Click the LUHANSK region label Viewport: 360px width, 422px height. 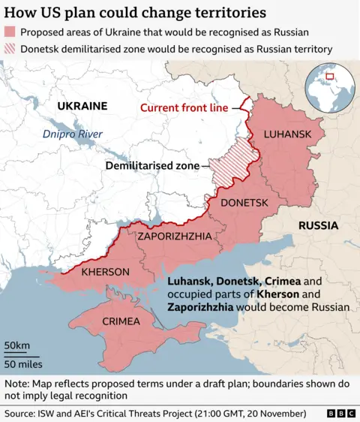point(287,134)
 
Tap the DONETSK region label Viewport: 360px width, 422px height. point(243,203)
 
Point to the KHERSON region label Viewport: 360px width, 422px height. point(105,271)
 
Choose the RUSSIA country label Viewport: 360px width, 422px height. point(318,225)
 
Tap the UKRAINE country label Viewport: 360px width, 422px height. point(82,107)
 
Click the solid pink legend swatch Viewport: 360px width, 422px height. point(10,32)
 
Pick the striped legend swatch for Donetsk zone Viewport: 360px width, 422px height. point(10,49)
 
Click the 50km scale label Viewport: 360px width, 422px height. point(16,345)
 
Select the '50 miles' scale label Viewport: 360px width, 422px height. point(22,364)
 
